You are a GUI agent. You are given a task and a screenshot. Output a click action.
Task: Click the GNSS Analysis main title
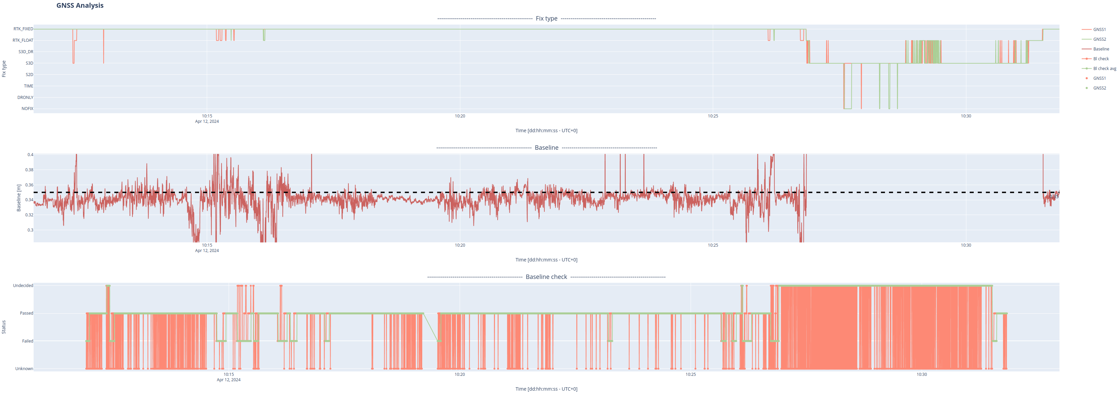(80, 6)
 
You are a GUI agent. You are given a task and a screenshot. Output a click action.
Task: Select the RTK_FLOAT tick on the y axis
(23, 40)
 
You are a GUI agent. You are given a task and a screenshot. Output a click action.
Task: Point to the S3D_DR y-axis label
(26, 52)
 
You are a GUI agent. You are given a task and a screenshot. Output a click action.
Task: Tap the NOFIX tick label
(27, 109)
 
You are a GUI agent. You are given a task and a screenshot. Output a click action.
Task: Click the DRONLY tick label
(25, 98)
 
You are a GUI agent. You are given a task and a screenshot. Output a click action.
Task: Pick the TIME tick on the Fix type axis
(28, 86)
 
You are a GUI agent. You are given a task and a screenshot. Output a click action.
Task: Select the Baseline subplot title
(546, 148)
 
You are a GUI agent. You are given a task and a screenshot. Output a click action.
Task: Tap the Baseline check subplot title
(546, 277)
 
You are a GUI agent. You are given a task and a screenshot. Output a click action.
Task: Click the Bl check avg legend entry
(1104, 69)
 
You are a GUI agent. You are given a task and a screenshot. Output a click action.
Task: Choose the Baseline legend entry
(1101, 49)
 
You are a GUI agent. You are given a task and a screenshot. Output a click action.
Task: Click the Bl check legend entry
(1100, 59)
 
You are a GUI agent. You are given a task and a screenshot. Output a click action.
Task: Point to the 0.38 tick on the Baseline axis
(29, 170)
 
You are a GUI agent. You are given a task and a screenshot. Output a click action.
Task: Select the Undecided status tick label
(23, 286)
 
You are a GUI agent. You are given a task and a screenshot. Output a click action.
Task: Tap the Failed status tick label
(28, 341)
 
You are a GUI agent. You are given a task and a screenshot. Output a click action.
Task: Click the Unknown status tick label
(24, 369)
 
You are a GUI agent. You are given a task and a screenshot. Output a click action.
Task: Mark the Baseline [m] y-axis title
(19, 198)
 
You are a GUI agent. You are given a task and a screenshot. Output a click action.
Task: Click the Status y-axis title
(4, 327)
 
